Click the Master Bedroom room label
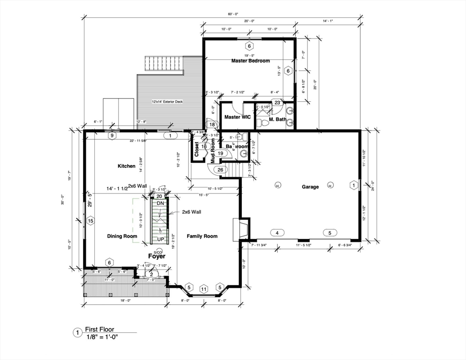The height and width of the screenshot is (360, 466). [250, 61]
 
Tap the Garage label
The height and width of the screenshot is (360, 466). [310, 187]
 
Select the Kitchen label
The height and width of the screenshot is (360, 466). [127, 166]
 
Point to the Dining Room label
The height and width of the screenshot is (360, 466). [122, 236]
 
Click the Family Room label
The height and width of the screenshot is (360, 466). [202, 236]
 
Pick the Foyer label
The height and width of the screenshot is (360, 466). [157, 256]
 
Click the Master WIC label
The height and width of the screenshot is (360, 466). [238, 117]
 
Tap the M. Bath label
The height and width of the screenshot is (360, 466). [277, 120]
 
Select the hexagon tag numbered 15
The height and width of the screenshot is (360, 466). [90, 221]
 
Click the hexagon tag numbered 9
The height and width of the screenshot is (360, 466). [112, 136]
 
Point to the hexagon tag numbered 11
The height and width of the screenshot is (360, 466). [204, 289]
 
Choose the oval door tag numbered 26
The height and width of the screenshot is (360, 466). [220, 170]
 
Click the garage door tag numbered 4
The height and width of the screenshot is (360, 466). [277, 232]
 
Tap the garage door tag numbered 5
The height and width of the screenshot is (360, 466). [330, 232]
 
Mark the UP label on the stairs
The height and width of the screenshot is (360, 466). [160, 239]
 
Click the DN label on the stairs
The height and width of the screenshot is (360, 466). [160, 203]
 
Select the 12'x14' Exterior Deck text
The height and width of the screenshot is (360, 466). [167, 102]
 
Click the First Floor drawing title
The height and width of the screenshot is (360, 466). [99, 330]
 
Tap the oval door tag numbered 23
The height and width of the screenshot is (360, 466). [277, 102]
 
